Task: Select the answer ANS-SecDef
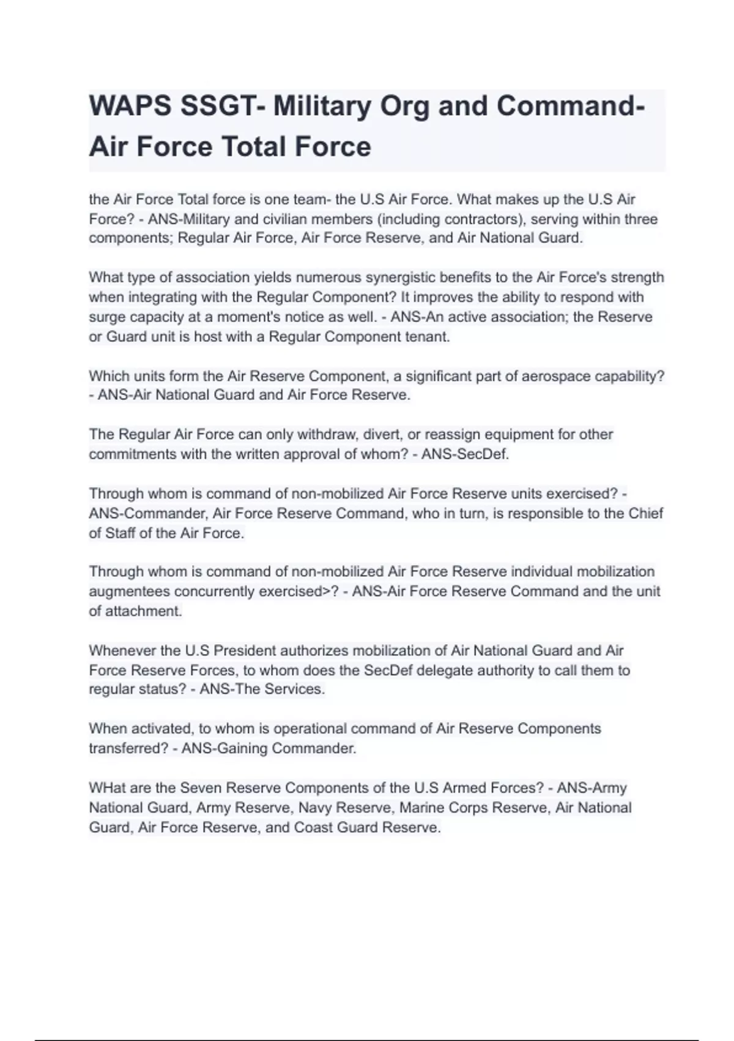[x=465, y=454]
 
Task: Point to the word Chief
[x=645, y=513]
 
